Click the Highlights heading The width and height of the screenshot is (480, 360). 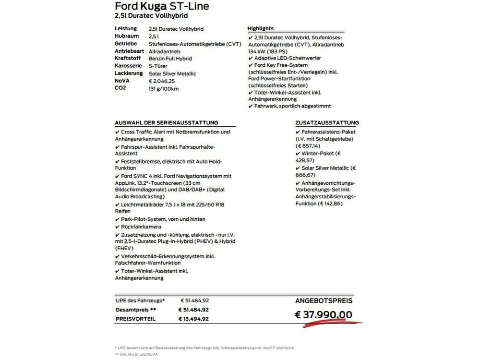coord(261,28)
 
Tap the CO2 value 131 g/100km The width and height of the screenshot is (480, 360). coord(164,88)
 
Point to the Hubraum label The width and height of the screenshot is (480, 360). coord(127,36)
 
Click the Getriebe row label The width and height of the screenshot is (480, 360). coord(126,44)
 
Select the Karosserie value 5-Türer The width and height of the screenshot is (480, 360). coord(159,66)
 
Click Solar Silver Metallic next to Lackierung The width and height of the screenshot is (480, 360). coord(172,73)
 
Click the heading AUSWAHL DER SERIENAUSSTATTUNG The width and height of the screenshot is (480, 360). coord(167,123)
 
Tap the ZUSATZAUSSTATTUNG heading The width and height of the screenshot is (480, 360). coord(327,123)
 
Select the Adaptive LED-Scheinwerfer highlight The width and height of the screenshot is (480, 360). coord(285,58)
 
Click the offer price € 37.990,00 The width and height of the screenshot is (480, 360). coord(323,314)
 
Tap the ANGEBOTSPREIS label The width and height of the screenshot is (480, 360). coord(324,301)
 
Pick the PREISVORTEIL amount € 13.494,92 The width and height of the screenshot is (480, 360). coord(193,319)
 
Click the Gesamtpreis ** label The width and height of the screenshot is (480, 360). coord(136,310)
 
